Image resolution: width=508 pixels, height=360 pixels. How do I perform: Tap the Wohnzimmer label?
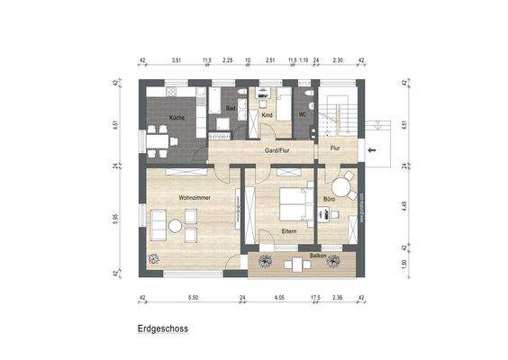[x=195, y=196]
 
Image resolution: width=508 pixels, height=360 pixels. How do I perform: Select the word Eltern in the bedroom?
[x=289, y=232]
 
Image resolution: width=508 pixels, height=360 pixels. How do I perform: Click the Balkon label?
[x=317, y=256]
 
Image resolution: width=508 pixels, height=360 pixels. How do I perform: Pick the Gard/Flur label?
[x=276, y=150]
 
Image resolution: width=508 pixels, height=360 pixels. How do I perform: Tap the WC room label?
[x=304, y=113]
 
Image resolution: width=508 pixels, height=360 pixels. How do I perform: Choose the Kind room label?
[x=267, y=116]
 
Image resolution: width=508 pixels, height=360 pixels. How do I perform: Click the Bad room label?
[x=231, y=108]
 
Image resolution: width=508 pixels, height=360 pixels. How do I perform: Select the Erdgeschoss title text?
[x=164, y=330]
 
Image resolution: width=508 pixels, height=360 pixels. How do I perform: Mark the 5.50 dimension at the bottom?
[x=192, y=297]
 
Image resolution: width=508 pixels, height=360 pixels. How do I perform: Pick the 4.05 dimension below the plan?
[x=279, y=297]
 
